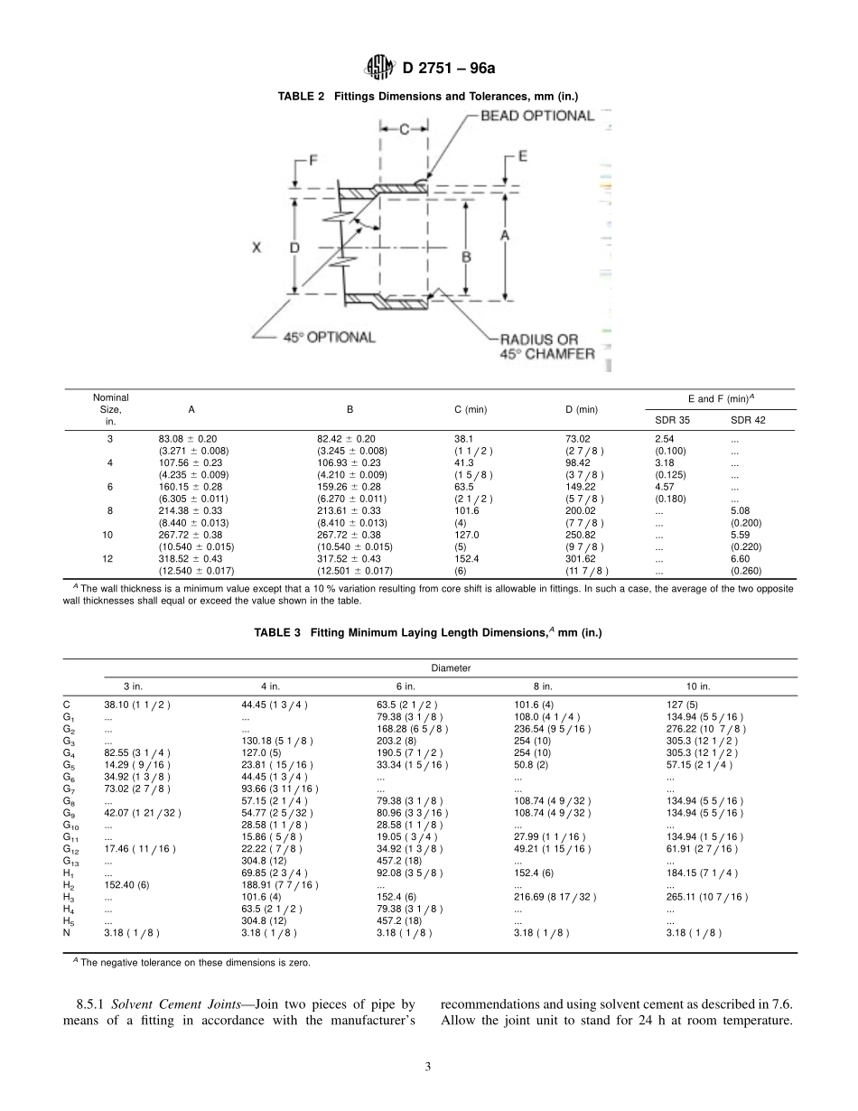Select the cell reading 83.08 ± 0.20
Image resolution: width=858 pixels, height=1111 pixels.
pos(189,439)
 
